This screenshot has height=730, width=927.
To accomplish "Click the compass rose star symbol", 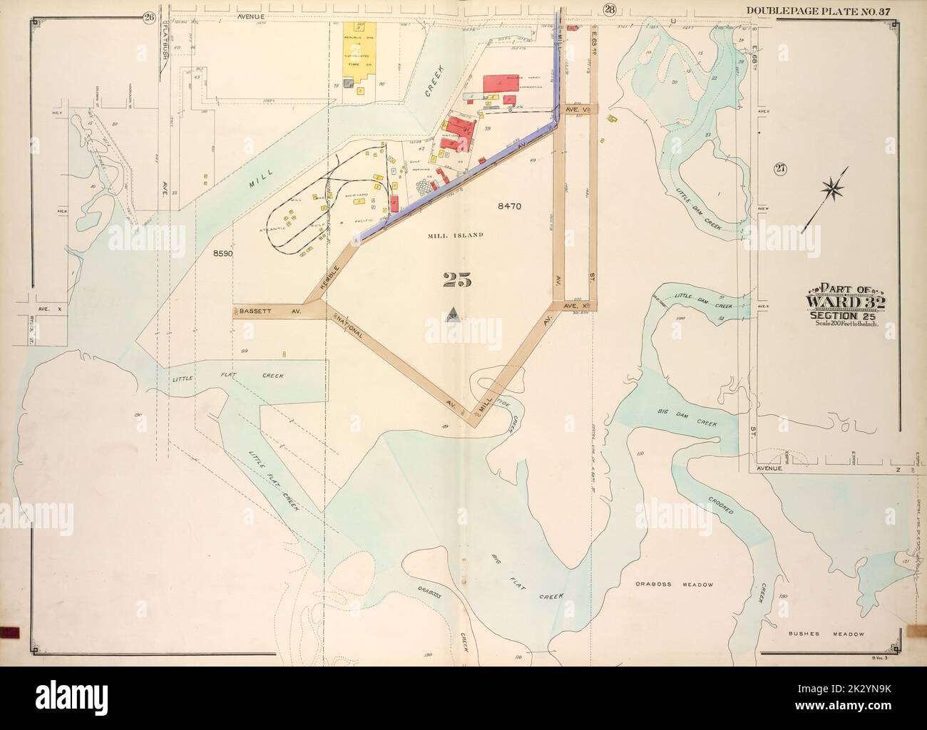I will (x=832, y=188).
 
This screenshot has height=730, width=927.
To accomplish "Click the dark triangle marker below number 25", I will (x=452, y=314).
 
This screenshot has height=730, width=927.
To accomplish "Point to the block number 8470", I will (x=511, y=206).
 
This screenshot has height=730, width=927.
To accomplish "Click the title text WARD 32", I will (x=844, y=302).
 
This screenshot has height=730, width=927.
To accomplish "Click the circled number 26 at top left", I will (x=148, y=18).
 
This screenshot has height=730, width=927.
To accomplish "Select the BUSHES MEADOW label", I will (x=826, y=633).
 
